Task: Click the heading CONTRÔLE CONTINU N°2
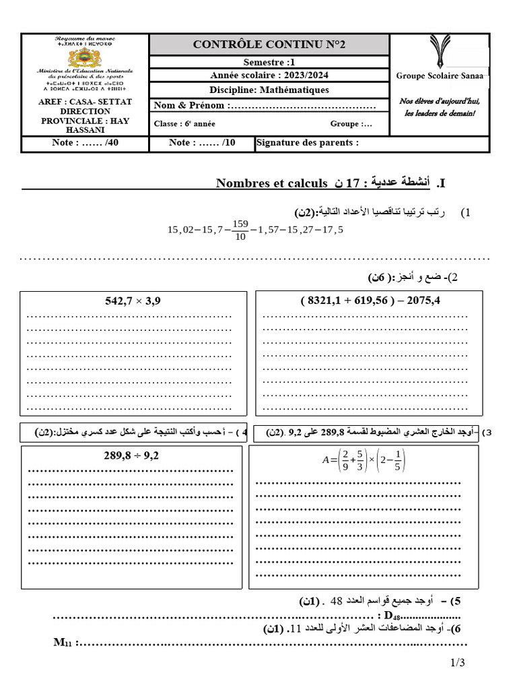(269, 44)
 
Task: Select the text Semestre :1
(269, 63)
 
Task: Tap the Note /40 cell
(85, 143)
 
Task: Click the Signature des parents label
(308, 143)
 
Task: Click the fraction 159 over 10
(240, 230)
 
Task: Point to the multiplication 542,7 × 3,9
(133, 301)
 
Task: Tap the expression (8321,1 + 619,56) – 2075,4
(370, 301)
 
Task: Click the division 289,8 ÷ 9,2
(131, 456)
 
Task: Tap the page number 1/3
(458, 663)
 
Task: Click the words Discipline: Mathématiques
(269, 90)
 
